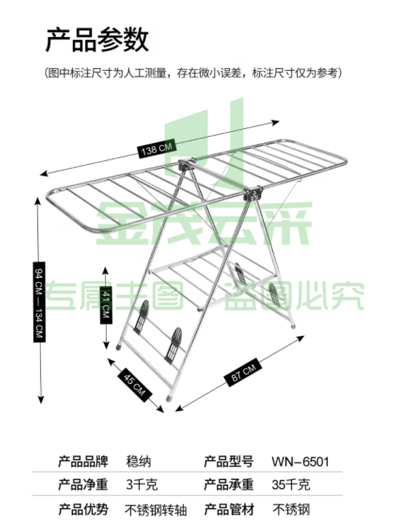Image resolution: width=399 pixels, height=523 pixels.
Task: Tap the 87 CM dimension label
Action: click(x=243, y=372)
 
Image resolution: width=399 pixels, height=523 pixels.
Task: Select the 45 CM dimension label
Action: click(x=134, y=386)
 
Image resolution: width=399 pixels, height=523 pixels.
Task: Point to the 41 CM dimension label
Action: click(x=106, y=305)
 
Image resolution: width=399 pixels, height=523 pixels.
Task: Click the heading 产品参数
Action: click(x=97, y=40)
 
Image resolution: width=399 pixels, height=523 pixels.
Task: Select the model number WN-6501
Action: click(x=300, y=462)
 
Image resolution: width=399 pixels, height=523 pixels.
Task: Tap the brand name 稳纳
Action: click(x=139, y=462)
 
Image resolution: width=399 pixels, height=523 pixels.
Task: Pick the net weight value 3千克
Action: click(x=142, y=485)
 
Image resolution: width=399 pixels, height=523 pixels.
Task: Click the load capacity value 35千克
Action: click(x=291, y=485)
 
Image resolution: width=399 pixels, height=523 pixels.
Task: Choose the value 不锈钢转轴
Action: click(x=156, y=510)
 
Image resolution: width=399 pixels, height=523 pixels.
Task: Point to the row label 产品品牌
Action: click(x=83, y=461)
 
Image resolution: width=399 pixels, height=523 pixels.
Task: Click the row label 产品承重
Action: click(x=229, y=484)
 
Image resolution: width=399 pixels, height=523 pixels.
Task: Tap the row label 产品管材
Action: click(x=229, y=510)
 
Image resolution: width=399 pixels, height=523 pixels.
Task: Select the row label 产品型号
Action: click(x=229, y=461)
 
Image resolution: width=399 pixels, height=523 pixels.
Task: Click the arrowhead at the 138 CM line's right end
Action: click(x=276, y=123)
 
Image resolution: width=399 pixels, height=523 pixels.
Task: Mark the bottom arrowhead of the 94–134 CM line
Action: click(x=40, y=400)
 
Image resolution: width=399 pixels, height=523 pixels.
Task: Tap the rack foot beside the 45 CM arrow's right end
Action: click(x=170, y=398)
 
